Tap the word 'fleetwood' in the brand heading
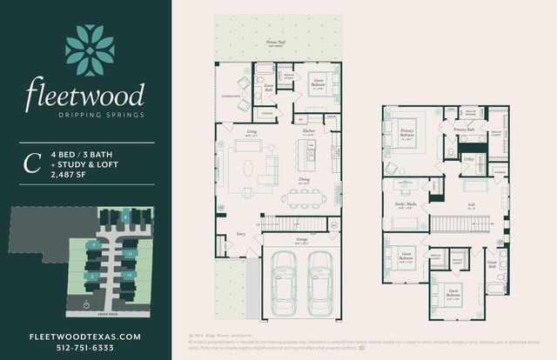[84, 95]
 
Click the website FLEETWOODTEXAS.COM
[84, 336]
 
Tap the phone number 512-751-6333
[84, 348]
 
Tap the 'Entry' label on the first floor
[241, 233]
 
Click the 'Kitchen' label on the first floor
[308, 131]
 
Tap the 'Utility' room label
[468, 159]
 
